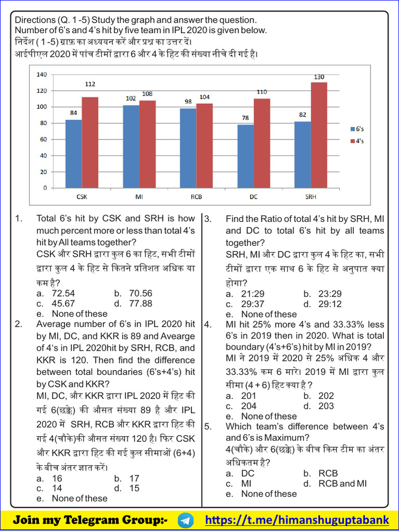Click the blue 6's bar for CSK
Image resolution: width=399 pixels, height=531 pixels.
pos(73,153)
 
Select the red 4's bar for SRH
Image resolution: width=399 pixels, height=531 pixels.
pos(318,135)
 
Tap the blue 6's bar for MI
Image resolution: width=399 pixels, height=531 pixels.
pos(130,146)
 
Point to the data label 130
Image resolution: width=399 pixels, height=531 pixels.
pos(318,77)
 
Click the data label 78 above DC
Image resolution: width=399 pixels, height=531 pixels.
pos(245,118)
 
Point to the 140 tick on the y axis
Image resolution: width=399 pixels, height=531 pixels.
pos(42,75)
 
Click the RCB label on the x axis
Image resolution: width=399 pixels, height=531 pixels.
pos(196,197)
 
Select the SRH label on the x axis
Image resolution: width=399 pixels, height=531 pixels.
pos(311,197)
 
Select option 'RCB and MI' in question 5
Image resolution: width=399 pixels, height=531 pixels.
pos(335,483)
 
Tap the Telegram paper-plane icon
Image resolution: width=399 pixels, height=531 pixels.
pos(185,520)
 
